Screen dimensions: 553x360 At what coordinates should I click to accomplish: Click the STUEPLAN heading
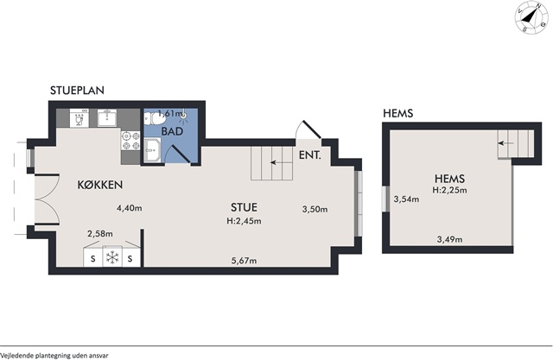pyautogui.click(x=77, y=90)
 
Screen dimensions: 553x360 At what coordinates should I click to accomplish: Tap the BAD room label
pyautogui.click(x=173, y=131)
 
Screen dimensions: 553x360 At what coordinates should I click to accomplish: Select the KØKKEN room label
pyautogui.click(x=100, y=185)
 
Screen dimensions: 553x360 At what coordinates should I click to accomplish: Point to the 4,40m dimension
pyautogui.click(x=130, y=208)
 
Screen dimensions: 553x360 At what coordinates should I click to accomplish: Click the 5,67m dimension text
pyautogui.click(x=244, y=261)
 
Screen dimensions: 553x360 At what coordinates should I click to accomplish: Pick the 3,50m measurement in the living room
pyautogui.click(x=315, y=209)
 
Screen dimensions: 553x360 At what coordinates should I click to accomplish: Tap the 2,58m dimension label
pyautogui.click(x=100, y=234)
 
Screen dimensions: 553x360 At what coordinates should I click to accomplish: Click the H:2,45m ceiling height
pyautogui.click(x=244, y=221)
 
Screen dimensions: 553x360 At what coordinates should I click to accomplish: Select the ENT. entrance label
pyautogui.click(x=310, y=155)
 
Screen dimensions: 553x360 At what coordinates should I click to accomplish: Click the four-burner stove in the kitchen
pyautogui.click(x=130, y=141)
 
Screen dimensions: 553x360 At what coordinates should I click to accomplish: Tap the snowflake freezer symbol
pyautogui.click(x=112, y=257)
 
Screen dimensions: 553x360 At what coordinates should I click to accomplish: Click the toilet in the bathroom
pyautogui.click(x=154, y=117)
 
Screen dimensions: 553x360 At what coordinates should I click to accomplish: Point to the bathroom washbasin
pyautogui.click(x=152, y=150)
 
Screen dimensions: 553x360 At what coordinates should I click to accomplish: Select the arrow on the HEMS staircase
pyautogui.click(x=505, y=143)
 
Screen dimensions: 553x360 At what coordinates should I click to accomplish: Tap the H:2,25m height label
pyautogui.click(x=450, y=190)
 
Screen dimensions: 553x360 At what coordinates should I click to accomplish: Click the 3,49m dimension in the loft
pyautogui.click(x=449, y=239)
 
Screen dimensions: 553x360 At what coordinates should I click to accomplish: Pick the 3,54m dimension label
pyautogui.click(x=407, y=199)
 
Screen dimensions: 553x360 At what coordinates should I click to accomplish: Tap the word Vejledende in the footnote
pyautogui.click(x=15, y=355)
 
